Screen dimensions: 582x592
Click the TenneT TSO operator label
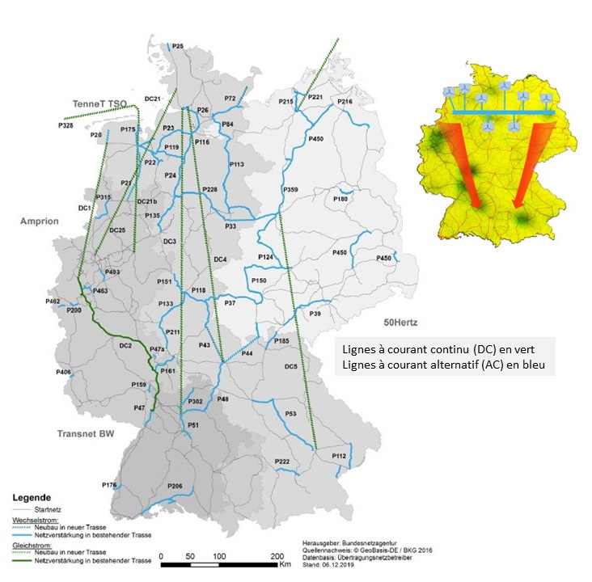[x=99, y=104]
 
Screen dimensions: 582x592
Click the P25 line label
[x=178, y=46]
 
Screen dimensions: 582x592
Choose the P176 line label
[x=110, y=485]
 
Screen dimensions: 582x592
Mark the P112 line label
[x=340, y=457]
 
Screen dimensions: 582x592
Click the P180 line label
[x=340, y=198]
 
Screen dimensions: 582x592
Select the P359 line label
[x=290, y=189]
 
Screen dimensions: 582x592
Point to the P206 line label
[x=175, y=485]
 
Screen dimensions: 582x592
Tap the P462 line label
[x=53, y=301]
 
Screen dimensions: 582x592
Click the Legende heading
[x=33, y=497]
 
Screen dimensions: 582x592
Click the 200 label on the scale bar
[x=276, y=557]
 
